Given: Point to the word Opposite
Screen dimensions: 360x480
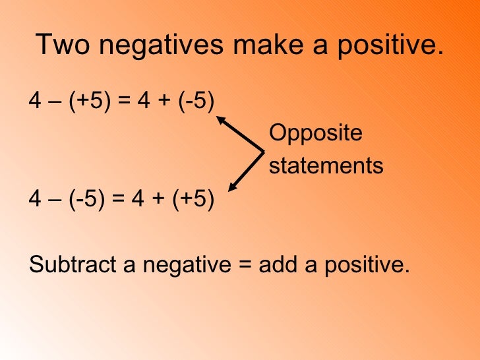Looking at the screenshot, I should (x=316, y=133).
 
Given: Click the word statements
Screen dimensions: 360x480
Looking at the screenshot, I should (x=326, y=165).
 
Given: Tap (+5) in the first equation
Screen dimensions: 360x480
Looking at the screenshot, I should (x=86, y=101).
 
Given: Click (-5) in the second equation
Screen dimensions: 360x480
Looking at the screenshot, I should (x=83, y=198).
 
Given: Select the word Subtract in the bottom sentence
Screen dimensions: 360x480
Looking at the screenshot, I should (x=71, y=264).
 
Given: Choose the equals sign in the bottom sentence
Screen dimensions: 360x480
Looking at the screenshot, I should (x=245, y=265).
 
